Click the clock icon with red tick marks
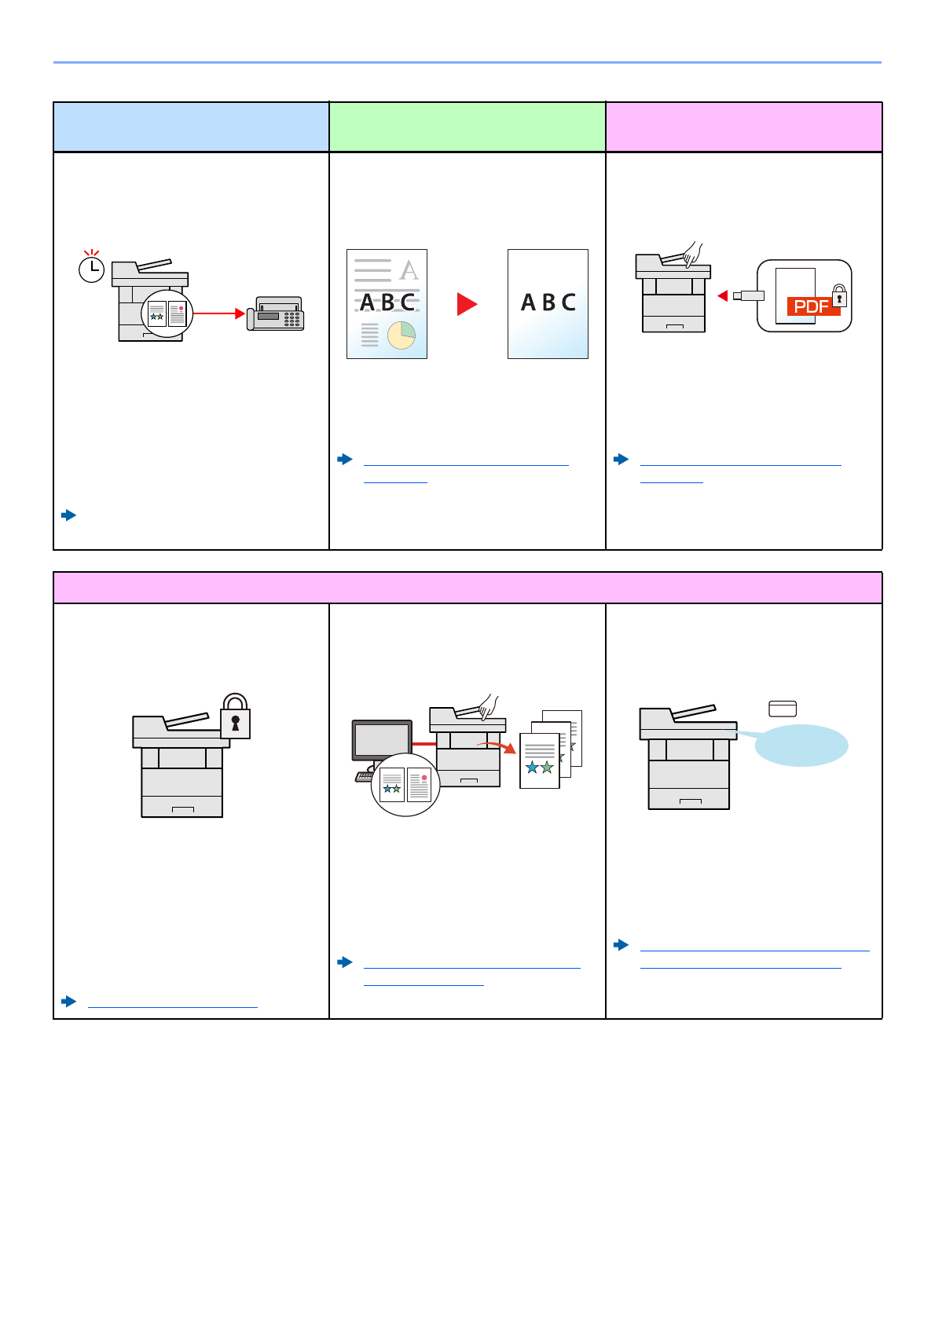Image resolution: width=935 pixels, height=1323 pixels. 92,269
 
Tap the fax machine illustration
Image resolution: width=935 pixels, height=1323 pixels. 276,314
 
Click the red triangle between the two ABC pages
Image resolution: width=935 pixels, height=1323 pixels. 467,304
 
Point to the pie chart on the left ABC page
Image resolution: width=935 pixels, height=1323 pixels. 401,335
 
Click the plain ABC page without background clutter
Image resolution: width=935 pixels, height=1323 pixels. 548,304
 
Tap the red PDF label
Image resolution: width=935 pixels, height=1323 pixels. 812,306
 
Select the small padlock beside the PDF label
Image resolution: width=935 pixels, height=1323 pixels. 840,297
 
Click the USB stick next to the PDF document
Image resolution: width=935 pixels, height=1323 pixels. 749,295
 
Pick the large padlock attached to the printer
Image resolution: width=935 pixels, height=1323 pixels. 235,716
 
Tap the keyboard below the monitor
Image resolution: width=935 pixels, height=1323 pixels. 365,776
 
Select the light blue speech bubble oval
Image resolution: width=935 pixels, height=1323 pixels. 801,745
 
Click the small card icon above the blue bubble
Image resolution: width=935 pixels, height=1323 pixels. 783,709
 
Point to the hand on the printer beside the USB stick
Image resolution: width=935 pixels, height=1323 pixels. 692,255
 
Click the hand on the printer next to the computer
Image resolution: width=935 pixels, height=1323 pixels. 488,706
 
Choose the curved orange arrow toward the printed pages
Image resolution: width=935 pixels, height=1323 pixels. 498,746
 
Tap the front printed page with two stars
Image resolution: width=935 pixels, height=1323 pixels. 540,760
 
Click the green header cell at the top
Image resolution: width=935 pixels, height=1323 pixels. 467,126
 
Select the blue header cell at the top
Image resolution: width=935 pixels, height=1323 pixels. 191,126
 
